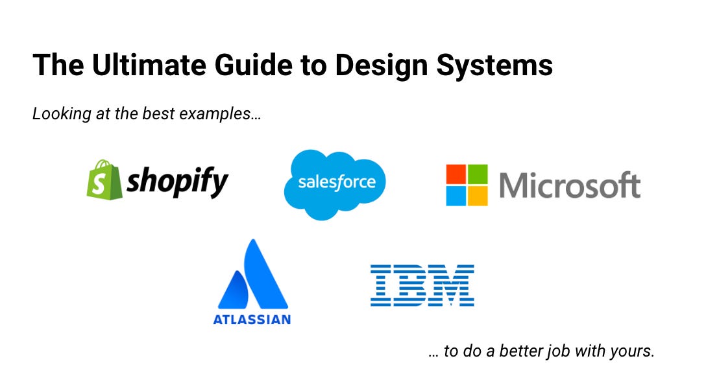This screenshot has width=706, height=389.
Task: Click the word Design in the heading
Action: pyautogui.click(x=371, y=65)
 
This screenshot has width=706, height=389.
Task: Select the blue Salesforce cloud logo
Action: pyautogui.click(x=335, y=183)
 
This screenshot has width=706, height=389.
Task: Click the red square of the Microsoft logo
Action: pyautogui.click(x=456, y=174)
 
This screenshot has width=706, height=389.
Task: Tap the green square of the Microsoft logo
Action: pyautogui.click(x=478, y=174)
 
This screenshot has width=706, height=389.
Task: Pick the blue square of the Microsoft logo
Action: pyautogui.click(x=456, y=196)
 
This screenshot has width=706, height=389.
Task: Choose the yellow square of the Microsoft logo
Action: pyautogui.click(x=478, y=196)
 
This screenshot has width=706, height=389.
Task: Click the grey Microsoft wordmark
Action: pyautogui.click(x=570, y=185)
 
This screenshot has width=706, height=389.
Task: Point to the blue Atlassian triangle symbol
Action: pyautogui.click(x=252, y=276)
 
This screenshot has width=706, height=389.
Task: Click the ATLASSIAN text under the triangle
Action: pyautogui.click(x=252, y=319)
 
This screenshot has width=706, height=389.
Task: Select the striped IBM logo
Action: pyautogui.click(x=422, y=285)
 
